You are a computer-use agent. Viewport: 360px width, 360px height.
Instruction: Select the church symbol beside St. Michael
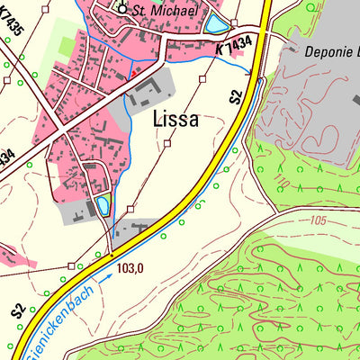click(124, 9)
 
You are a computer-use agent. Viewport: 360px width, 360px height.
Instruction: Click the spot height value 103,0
click(130, 268)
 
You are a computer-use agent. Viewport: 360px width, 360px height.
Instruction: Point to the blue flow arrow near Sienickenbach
click(106, 281)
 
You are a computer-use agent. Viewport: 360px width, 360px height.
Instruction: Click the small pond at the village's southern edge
click(103, 205)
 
